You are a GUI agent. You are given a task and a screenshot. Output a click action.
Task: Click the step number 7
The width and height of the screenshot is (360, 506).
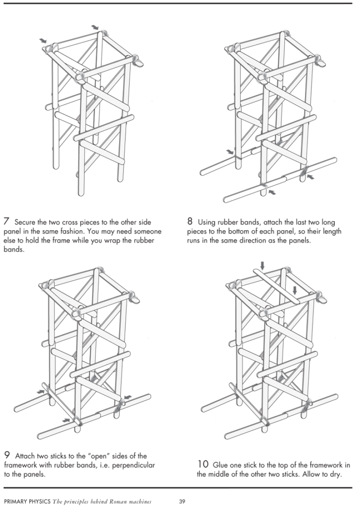(x=6, y=221)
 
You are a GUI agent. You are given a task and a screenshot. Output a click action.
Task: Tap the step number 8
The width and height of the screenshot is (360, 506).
(x=190, y=220)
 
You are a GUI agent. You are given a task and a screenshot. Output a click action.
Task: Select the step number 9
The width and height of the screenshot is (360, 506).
(x=7, y=456)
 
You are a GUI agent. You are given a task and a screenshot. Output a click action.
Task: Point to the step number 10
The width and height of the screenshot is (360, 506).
(x=203, y=464)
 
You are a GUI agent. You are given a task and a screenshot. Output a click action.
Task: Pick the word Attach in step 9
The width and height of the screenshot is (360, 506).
(x=25, y=456)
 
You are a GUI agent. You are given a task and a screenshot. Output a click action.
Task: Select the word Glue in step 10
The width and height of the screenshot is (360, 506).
(x=221, y=465)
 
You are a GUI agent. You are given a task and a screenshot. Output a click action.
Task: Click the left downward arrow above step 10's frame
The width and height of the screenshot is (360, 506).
(x=262, y=265)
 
